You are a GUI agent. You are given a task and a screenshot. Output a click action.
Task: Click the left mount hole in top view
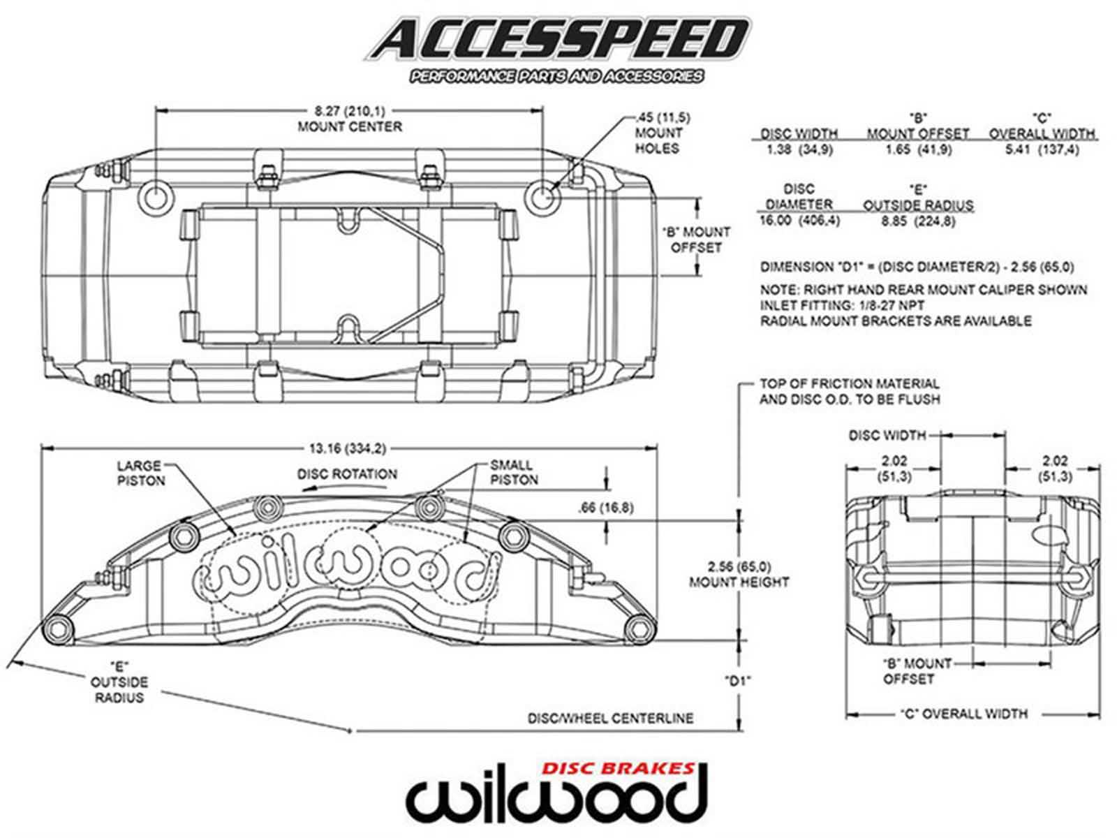[x=155, y=198]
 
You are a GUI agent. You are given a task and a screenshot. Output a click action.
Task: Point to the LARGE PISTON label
[x=140, y=473]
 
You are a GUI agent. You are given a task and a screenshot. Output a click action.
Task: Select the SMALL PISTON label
[x=513, y=472]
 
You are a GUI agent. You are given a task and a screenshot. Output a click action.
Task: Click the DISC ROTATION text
[x=347, y=474]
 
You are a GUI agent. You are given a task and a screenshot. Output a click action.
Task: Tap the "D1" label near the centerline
[x=737, y=680]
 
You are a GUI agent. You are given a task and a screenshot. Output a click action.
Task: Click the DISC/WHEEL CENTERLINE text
[x=610, y=718]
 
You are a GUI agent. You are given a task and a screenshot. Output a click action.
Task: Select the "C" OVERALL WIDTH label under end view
[x=963, y=714]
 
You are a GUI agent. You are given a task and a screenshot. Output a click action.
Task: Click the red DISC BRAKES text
[x=619, y=768]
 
